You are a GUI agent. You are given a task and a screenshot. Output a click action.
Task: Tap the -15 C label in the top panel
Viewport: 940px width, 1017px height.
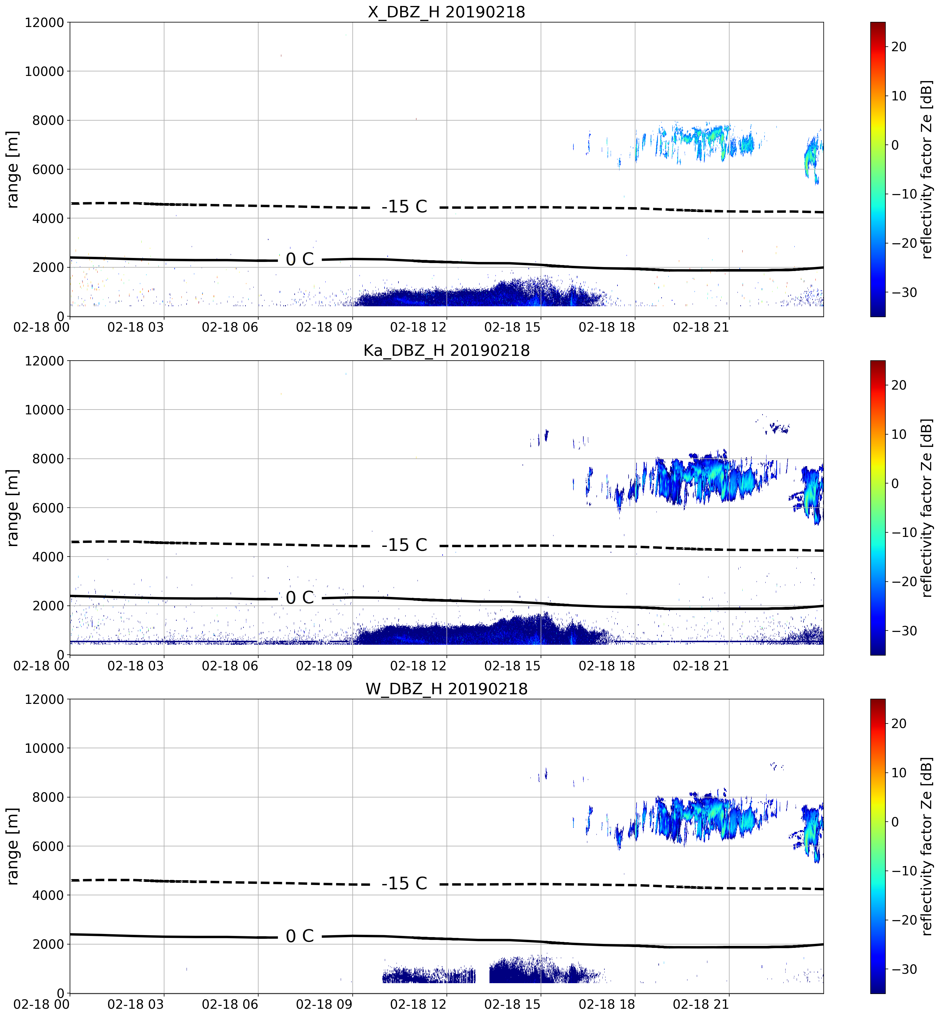click(404, 206)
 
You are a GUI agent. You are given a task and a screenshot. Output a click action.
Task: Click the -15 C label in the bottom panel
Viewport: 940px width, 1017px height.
click(404, 883)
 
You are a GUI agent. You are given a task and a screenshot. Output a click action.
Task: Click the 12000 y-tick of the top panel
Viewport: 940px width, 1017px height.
click(44, 23)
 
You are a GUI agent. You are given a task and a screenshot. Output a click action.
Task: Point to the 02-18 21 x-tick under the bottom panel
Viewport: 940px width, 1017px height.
click(701, 1004)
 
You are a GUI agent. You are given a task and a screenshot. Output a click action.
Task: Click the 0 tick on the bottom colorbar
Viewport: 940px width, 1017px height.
click(895, 822)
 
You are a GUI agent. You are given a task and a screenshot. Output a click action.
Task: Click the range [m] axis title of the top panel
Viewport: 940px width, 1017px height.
click(12, 169)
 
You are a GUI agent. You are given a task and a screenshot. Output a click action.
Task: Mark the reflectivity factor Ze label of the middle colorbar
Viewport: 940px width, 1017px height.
click(927, 507)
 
